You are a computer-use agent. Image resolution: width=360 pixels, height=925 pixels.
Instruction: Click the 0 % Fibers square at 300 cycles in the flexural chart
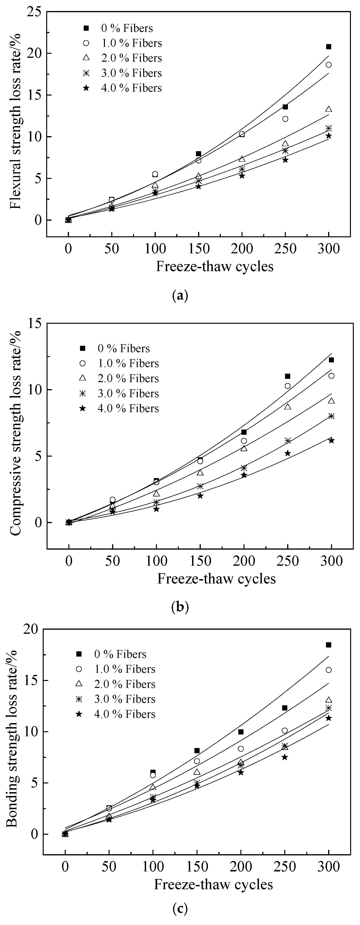coord(329,47)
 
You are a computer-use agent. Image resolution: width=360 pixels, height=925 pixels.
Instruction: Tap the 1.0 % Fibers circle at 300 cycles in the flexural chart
coord(329,65)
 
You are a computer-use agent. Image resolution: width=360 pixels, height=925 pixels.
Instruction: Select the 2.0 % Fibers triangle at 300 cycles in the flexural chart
coord(329,109)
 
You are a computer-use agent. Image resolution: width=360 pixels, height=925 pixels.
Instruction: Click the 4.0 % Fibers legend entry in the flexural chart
coord(122,88)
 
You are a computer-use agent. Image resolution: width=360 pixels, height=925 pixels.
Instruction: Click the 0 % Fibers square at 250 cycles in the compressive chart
coord(288,376)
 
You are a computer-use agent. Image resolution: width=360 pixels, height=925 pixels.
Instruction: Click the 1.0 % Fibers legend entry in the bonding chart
coord(116,669)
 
